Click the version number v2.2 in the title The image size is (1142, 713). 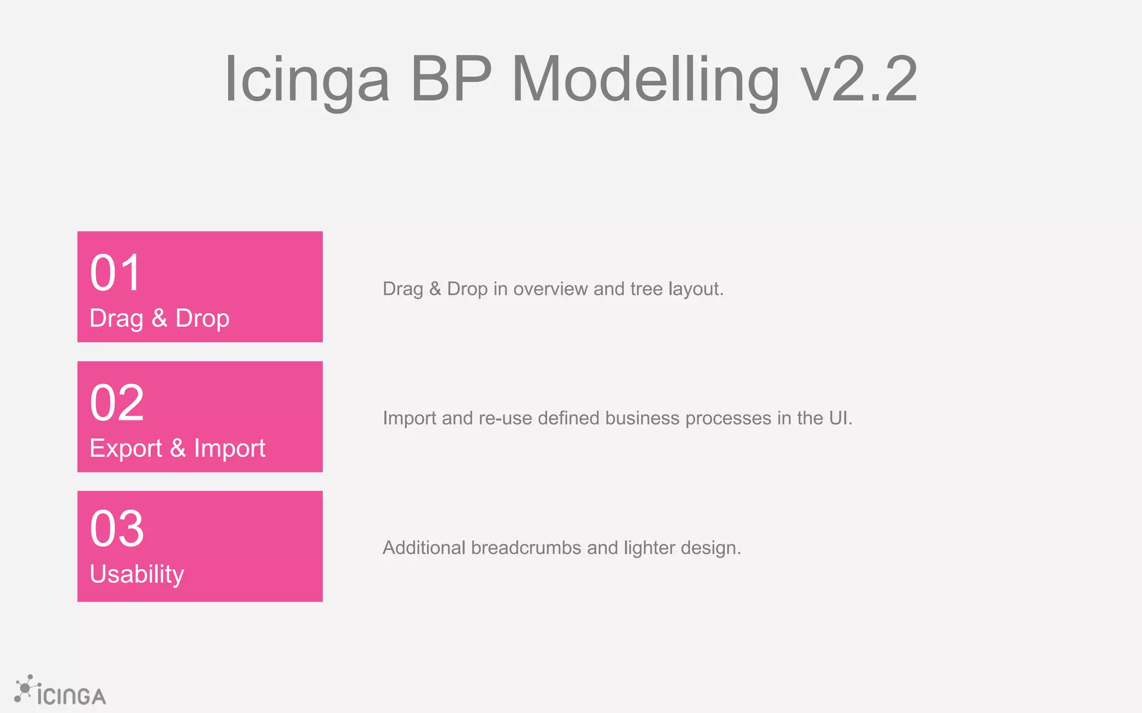(859, 79)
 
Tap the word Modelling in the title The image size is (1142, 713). (645, 79)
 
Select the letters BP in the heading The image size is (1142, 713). (451, 79)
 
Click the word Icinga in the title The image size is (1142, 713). (306, 79)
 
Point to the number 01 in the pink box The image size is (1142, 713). (115, 273)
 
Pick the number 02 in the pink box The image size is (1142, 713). (117, 403)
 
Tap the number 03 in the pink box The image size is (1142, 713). (117, 529)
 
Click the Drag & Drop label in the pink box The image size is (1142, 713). (159, 319)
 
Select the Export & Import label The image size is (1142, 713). (177, 448)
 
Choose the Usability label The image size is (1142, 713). (137, 574)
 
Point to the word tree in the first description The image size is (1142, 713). (646, 289)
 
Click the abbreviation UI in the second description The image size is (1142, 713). (838, 418)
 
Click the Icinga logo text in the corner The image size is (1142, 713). (71, 696)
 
